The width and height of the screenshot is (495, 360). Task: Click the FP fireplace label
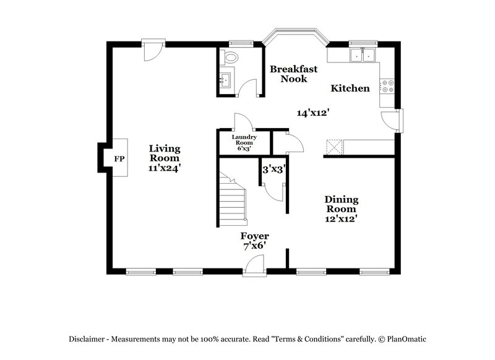(x=119, y=159)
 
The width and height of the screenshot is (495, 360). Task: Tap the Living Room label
(x=165, y=153)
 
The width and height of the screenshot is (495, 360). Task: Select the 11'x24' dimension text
(x=165, y=167)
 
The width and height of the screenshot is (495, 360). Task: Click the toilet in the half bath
(x=231, y=59)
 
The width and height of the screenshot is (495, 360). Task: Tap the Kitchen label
(x=350, y=88)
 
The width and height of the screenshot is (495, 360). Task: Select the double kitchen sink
(x=363, y=56)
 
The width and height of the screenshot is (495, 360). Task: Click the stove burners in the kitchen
(x=389, y=87)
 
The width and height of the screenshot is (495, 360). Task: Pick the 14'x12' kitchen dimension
(x=312, y=113)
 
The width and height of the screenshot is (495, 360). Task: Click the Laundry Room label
(x=244, y=140)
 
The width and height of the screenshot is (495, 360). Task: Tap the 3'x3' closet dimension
(x=273, y=168)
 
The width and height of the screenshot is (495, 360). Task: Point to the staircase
(x=233, y=200)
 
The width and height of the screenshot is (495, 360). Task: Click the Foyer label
(x=254, y=236)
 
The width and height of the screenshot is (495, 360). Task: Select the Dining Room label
(x=342, y=205)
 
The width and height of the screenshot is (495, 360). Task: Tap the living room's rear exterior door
(x=150, y=49)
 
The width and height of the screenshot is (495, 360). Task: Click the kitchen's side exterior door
(x=396, y=120)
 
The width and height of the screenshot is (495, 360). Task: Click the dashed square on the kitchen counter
(x=334, y=146)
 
